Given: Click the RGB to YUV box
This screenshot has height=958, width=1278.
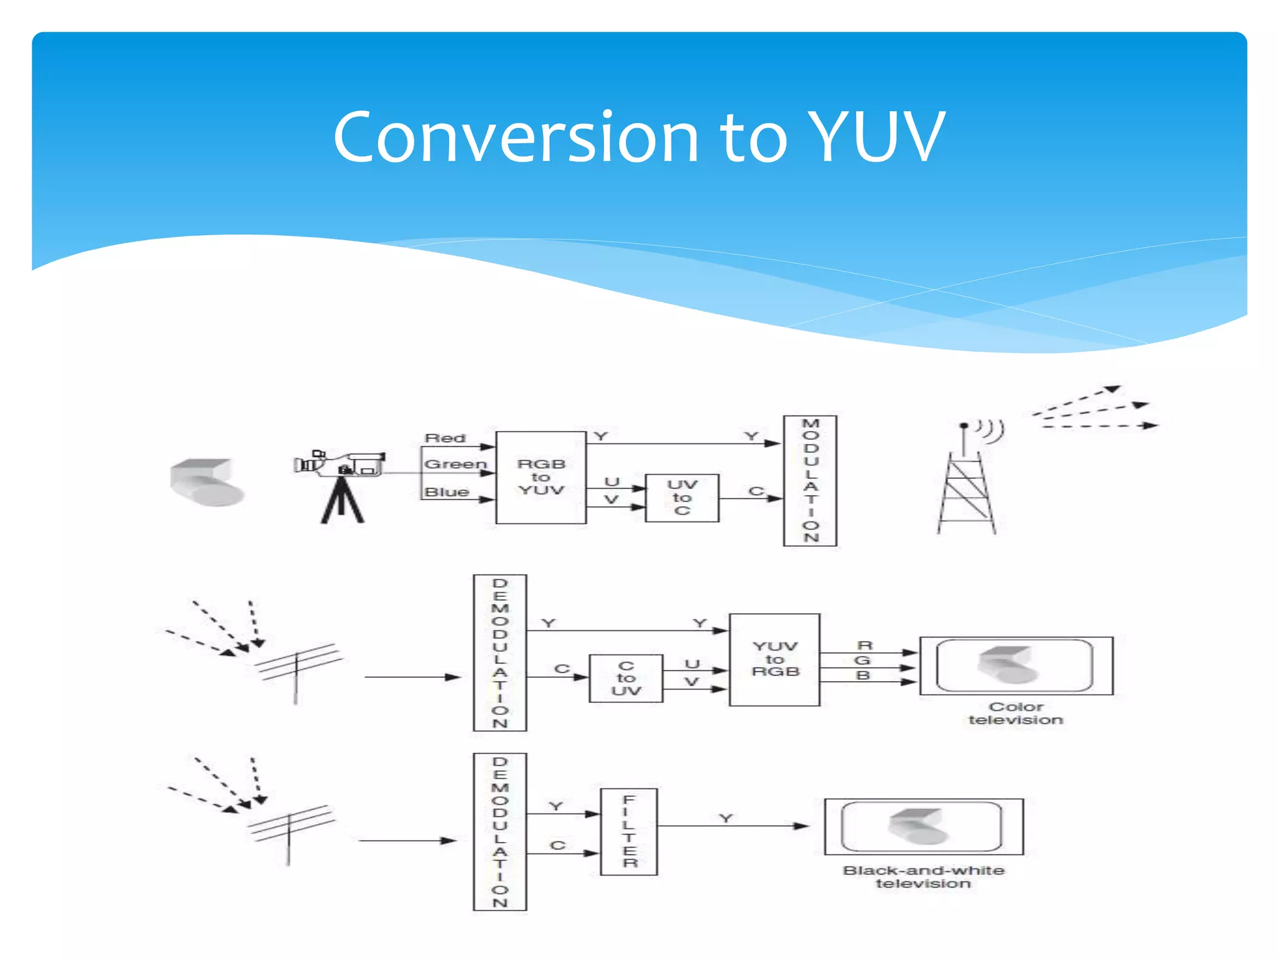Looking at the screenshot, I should [540, 477].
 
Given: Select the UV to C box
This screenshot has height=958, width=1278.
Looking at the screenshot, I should [681, 498].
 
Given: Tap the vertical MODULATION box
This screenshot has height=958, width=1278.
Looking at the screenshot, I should [810, 481].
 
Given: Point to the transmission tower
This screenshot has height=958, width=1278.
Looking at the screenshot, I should [966, 486].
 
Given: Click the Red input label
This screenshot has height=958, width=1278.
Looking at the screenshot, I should [445, 438].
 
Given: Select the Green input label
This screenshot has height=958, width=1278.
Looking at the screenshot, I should [455, 465].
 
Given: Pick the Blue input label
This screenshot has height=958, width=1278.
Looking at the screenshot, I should [447, 492].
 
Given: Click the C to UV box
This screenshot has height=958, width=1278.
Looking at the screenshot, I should [626, 679].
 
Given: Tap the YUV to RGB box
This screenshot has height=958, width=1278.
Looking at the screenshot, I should [774, 660].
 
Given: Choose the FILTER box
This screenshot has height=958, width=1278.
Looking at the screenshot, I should [628, 832].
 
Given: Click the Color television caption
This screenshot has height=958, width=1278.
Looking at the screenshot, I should [1015, 714].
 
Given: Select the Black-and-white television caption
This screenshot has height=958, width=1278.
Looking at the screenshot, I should [924, 877].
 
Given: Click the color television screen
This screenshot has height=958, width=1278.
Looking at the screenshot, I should [1015, 665].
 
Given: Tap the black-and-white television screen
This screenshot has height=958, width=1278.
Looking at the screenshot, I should [923, 826].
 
